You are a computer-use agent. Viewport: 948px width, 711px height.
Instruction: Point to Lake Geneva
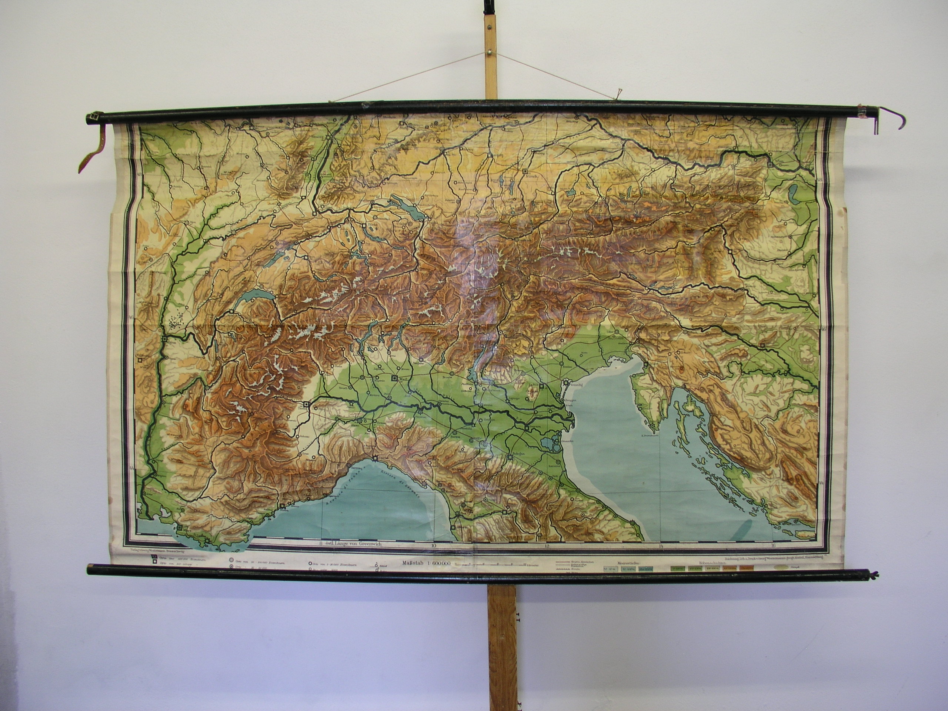point(250,294)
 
